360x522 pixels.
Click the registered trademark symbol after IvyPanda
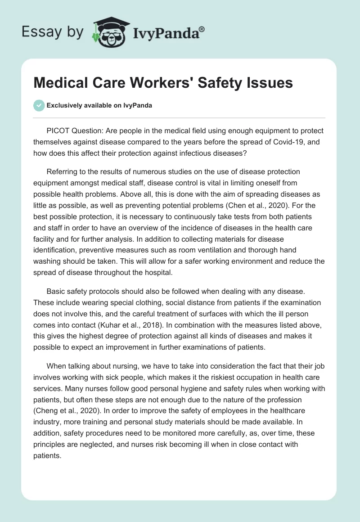click(x=202, y=29)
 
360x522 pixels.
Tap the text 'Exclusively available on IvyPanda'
click(x=99, y=105)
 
